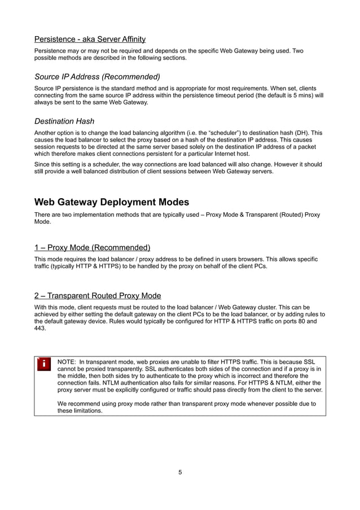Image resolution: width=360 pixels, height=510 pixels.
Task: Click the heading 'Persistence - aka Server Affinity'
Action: pyautogui.click(x=90, y=40)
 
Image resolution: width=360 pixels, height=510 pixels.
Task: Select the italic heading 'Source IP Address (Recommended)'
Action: pyautogui.click(x=97, y=76)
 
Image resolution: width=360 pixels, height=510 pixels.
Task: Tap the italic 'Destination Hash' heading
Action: pyautogui.click(x=64, y=121)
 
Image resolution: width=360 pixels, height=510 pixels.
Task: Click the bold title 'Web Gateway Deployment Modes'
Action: pyautogui.click(x=112, y=202)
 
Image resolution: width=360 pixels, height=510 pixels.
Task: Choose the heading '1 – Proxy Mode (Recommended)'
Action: pyautogui.click(x=92, y=247)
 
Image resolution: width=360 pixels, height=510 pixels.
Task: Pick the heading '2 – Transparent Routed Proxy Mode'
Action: pyautogui.click(x=98, y=295)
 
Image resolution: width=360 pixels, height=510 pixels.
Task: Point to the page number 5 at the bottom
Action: pyautogui.click(x=180, y=472)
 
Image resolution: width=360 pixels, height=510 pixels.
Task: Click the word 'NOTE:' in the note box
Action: pyautogui.click(x=67, y=361)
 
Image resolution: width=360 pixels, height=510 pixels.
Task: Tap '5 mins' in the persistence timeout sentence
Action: pyautogui.click(x=297, y=95)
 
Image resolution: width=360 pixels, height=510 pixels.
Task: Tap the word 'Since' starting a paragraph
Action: pyautogui.click(x=42, y=165)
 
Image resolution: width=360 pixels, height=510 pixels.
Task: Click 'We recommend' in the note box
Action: pyautogui.click(x=78, y=404)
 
